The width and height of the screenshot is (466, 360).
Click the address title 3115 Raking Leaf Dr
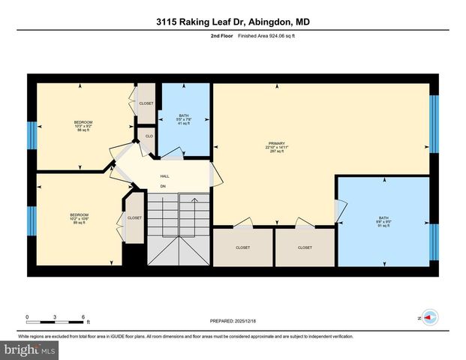[x=233, y=22]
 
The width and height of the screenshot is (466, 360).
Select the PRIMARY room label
[x=278, y=144]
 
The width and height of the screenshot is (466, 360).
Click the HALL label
[x=164, y=176]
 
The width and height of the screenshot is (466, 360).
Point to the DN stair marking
[x=163, y=186]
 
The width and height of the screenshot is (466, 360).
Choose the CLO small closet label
[x=149, y=136]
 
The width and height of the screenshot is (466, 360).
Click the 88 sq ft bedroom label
[x=83, y=126]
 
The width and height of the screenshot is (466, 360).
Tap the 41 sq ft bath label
[x=183, y=119]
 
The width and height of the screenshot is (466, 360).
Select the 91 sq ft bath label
[x=382, y=223]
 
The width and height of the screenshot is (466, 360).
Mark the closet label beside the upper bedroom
[x=146, y=103]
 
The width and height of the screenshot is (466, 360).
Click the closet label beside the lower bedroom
[x=134, y=217]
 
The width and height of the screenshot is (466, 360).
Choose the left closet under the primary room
[x=242, y=247]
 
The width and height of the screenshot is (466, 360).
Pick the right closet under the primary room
[x=305, y=247]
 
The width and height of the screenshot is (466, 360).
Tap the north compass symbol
[x=429, y=318]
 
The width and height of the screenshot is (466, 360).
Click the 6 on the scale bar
[x=83, y=316]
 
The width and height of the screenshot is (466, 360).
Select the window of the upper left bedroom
[x=32, y=136]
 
